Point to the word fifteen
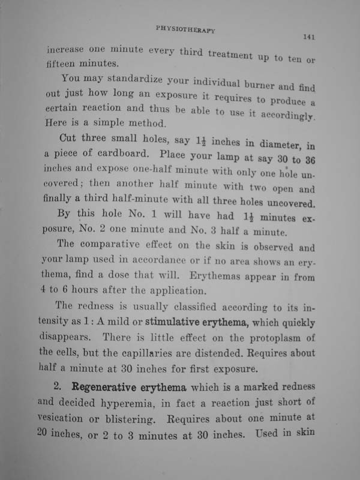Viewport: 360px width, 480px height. pos(62,62)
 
